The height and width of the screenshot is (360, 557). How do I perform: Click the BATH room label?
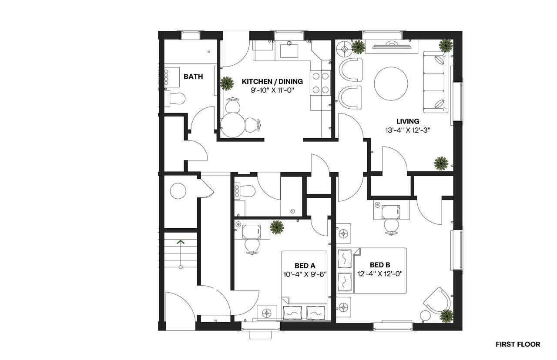point(193,77)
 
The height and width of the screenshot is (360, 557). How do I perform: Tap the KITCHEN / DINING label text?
point(272,81)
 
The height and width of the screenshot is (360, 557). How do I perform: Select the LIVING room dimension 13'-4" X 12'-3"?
point(408,130)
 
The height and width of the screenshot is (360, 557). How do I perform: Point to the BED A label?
point(305,266)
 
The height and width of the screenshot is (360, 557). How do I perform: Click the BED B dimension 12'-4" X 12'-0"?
point(380,273)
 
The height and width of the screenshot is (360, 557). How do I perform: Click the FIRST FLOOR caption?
point(518,344)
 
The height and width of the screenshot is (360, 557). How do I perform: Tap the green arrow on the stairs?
point(180,242)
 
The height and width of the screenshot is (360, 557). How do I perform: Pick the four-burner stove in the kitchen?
point(320,83)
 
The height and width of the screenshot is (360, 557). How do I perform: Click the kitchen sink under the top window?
point(289,50)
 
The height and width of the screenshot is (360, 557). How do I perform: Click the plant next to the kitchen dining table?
point(227,83)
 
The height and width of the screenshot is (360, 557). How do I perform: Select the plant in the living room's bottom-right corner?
point(441,163)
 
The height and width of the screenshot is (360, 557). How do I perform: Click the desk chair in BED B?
point(391,226)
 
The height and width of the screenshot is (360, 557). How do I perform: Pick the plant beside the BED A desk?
point(277,227)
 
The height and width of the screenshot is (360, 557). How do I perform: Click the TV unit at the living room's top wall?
point(391,46)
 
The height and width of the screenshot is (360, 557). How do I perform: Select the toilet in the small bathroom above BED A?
point(246,191)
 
